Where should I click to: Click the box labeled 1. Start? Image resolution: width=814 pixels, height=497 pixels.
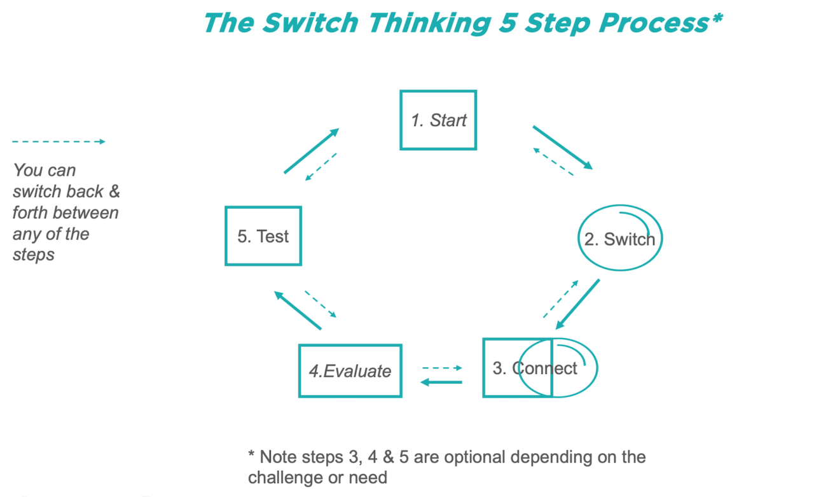(438, 120)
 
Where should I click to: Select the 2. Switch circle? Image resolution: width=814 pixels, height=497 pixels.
(619, 239)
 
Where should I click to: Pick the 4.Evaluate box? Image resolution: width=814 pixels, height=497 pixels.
(350, 371)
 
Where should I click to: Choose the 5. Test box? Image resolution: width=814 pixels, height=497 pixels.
(263, 236)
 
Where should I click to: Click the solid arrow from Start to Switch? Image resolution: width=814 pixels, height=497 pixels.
(562, 148)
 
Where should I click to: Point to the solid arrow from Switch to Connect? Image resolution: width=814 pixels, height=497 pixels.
(577, 304)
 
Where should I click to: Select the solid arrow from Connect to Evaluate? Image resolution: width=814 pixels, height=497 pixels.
(441, 382)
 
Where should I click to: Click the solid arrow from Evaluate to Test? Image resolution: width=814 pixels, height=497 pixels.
(298, 311)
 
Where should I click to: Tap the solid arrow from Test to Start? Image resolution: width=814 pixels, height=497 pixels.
(311, 151)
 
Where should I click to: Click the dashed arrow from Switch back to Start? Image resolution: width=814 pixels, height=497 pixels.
(553, 162)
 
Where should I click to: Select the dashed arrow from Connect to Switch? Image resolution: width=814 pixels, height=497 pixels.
(560, 298)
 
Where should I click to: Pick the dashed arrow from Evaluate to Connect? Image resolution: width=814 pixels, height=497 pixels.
(442, 368)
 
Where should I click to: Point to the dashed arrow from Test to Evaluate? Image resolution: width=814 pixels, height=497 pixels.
(320, 304)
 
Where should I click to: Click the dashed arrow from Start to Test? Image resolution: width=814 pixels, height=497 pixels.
(321, 167)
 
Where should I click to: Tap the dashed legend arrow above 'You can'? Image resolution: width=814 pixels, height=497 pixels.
(59, 141)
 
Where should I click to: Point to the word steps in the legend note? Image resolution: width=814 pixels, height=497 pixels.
(33, 255)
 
